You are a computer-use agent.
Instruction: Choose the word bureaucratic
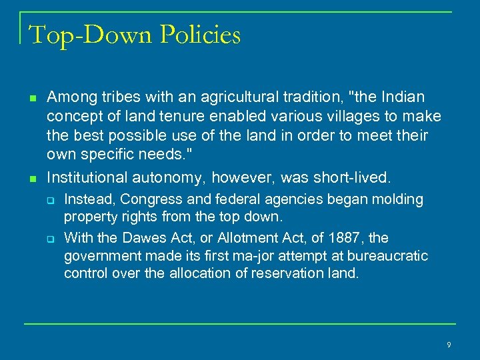[387, 256]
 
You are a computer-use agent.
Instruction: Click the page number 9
[449, 345]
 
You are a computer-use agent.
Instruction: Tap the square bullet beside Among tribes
[31, 99]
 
